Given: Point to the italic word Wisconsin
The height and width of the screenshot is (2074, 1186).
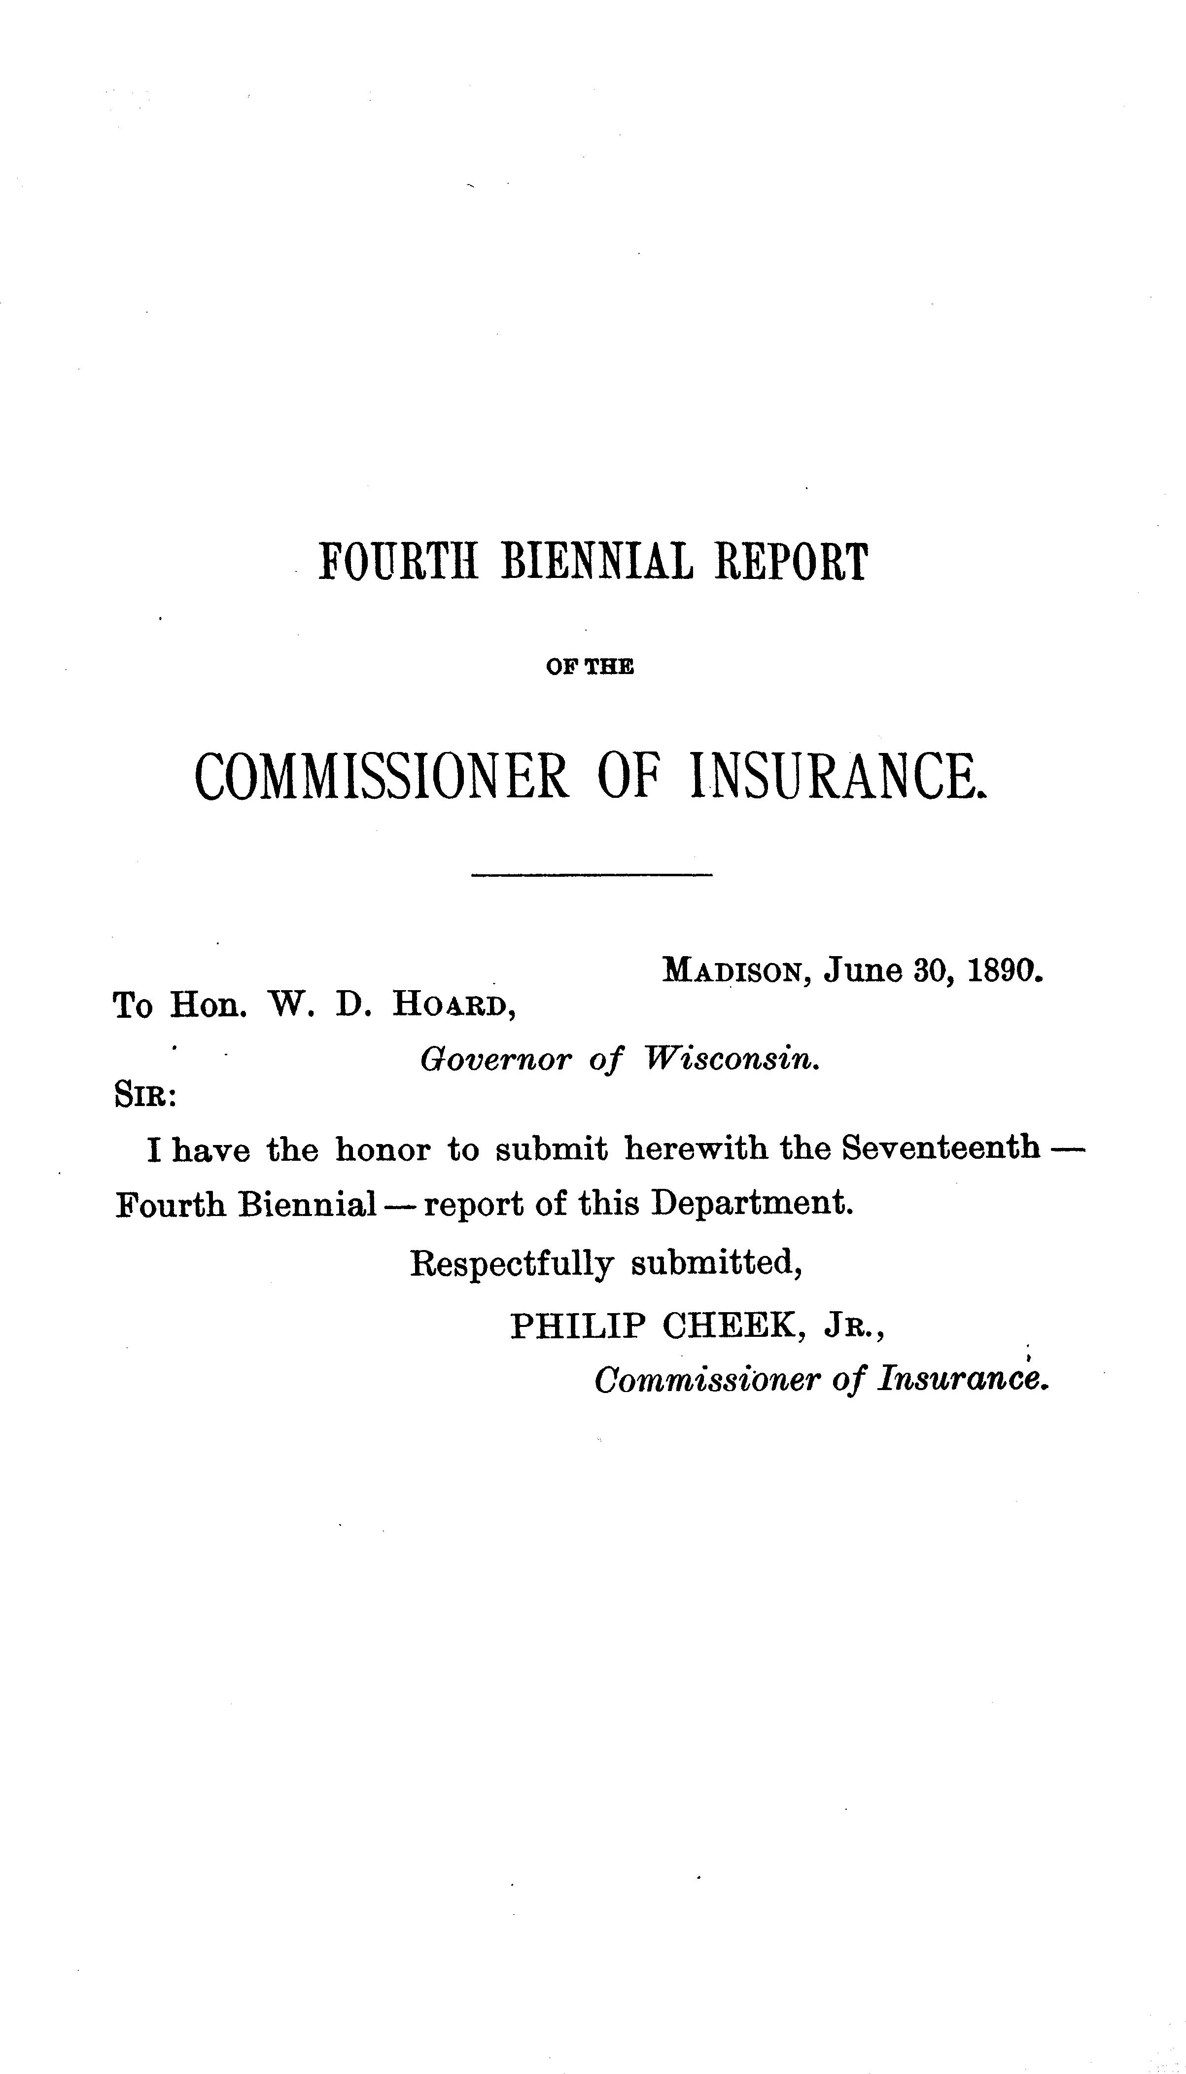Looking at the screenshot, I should [731, 1059].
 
